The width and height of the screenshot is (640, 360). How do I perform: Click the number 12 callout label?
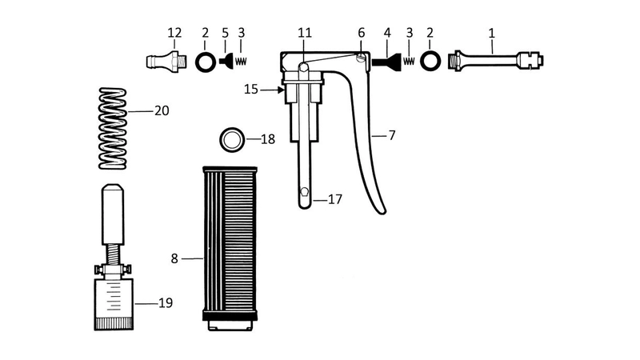pos(174,33)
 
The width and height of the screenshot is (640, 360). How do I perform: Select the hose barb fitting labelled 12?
pos(166,62)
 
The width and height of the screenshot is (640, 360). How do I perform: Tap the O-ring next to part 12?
pos(206,62)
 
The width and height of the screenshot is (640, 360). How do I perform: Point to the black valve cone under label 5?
pos(226,62)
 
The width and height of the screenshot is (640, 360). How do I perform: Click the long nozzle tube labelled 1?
pos(495,62)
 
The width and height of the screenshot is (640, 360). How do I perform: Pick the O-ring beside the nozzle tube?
pos(430,62)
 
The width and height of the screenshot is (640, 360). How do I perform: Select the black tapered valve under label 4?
pos(386,62)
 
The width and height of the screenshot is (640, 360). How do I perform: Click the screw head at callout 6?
pos(360,58)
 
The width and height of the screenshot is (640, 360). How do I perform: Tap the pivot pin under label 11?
pos(303,66)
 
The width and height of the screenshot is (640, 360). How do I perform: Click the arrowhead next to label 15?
pos(281,90)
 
